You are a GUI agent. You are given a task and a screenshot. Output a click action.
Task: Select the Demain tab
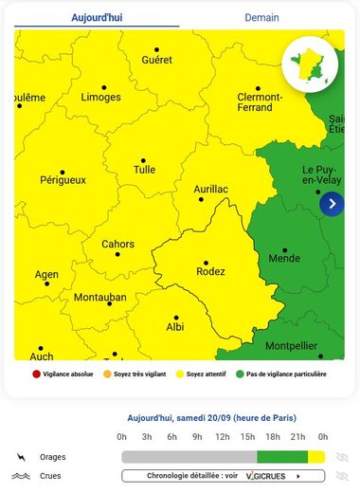tap(261, 17)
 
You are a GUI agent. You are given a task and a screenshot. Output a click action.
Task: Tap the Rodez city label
tap(210, 271)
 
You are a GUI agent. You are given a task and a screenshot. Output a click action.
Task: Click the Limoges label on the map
tap(100, 98)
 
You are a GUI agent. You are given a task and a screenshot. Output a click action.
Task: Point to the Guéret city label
tap(157, 60)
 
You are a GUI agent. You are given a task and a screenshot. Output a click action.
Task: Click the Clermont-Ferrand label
tap(260, 101)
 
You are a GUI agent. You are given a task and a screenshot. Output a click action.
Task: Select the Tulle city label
tap(144, 171)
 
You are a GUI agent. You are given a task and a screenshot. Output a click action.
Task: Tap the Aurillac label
tap(210, 189)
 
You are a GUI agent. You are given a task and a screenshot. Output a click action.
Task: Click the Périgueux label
tap(63, 179)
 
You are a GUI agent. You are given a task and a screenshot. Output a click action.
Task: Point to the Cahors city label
tap(117, 244)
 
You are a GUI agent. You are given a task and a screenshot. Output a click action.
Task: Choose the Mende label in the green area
tap(284, 258)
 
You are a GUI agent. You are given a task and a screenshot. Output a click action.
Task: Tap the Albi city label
tap(175, 326)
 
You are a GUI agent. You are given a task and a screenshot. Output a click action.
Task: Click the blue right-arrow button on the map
tap(332, 203)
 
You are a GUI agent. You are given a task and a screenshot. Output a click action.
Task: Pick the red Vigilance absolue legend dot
tap(36, 374)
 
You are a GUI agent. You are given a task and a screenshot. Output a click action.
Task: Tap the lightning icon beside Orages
tap(22, 457)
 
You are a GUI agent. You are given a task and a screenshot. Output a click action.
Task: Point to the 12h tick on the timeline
tap(223, 436)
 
